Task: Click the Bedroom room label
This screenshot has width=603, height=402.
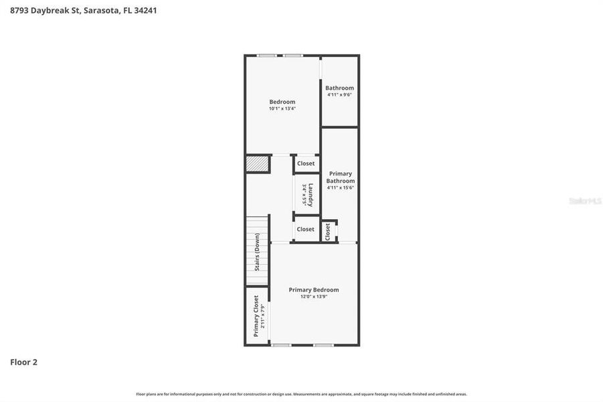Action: (x=282, y=102)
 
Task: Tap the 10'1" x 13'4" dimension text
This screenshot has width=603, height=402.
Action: (x=282, y=109)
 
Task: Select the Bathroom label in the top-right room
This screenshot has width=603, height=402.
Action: (x=339, y=88)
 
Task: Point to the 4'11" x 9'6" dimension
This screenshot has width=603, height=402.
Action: (x=339, y=94)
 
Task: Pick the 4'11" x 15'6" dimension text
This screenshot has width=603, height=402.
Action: (x=340, y=188)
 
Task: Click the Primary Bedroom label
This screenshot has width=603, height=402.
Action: (x=313, y=289)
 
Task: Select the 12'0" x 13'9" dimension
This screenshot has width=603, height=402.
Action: (x=313, y=296)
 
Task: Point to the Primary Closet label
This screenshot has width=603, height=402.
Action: (x=256, y=316)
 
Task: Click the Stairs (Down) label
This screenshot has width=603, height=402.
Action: (x=257, y=252)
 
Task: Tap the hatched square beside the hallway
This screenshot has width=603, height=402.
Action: (x=257, y=163)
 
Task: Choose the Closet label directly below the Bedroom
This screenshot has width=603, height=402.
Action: (x=306, y=163)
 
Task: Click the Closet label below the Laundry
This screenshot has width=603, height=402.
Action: (x=305, y=229)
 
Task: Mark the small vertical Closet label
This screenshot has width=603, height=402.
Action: (x=327, y=232)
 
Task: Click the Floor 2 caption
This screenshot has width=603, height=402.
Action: (x=23, y=362)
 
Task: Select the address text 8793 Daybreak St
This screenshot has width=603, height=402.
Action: (x=44, y=10)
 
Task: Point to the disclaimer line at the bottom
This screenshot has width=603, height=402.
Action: (x=301, y=394)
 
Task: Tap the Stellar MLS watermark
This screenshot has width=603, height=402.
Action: (x=584, y=200)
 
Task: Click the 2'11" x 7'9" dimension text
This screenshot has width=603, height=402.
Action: (x=263, y=317)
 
